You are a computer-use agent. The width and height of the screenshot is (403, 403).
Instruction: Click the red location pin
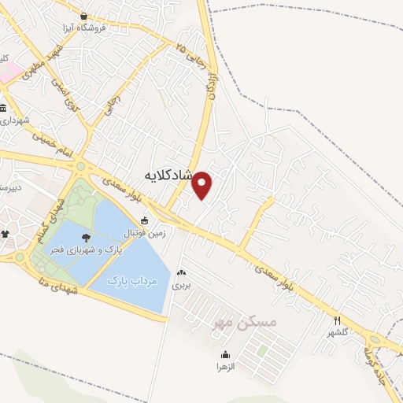click(203, 184)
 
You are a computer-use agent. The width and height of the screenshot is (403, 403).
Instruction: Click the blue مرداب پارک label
click(133, 279)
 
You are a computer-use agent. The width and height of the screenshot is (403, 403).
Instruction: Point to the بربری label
click(183, 279)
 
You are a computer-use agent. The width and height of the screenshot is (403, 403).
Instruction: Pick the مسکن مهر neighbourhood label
click(247, 322)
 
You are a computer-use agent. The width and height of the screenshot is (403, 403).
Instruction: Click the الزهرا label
click(226, 367)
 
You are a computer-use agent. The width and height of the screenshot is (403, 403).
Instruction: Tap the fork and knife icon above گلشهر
click(337, 320)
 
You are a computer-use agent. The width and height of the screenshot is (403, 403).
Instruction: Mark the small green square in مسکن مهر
click(260, 350)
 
